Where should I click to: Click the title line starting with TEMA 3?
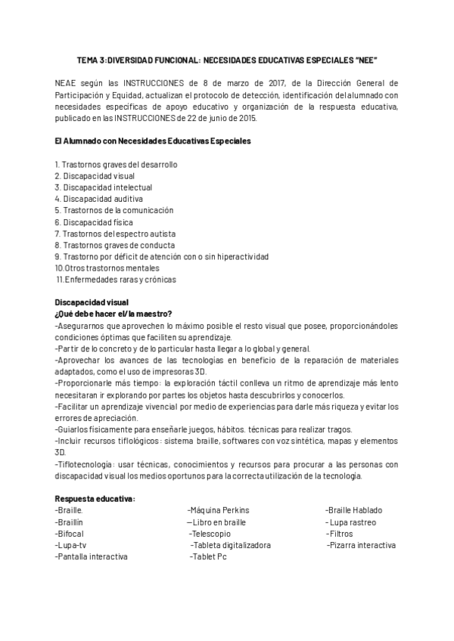[x=227, y=59]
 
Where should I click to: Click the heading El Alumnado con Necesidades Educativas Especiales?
[x=153, y=141]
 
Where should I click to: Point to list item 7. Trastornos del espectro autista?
[x=114, y=234]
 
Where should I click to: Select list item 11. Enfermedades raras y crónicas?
[x=117, y=280]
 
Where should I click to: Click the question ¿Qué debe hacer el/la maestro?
[x=113, y=314]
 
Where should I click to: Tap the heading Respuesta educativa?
[x=95, y=499]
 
